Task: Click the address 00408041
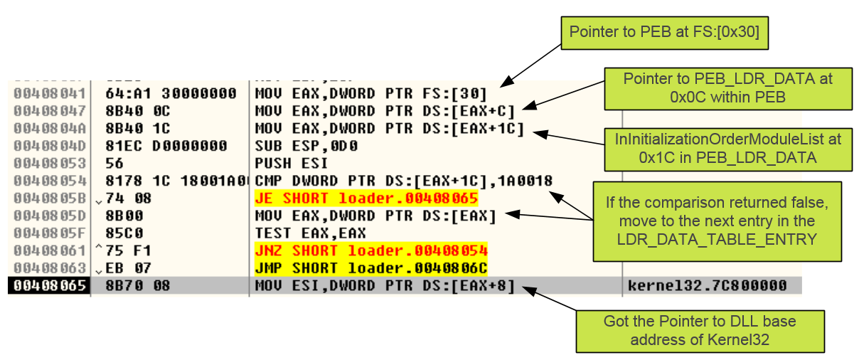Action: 50,94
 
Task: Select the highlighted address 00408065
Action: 50,285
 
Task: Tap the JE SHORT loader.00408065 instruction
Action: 366,198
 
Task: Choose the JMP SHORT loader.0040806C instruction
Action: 370,268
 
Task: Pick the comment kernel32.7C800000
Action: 708,285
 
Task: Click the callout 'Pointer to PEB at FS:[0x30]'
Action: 666,32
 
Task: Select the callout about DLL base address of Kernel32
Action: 700,331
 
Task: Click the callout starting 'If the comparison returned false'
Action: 717,221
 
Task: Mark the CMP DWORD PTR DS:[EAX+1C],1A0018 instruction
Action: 403,181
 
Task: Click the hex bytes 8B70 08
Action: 133,285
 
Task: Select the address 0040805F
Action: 50,233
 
